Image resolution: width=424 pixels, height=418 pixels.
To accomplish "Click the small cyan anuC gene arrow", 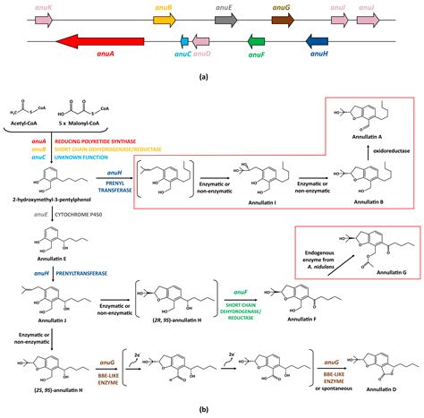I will pyautogui.click(x=184, y=42).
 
